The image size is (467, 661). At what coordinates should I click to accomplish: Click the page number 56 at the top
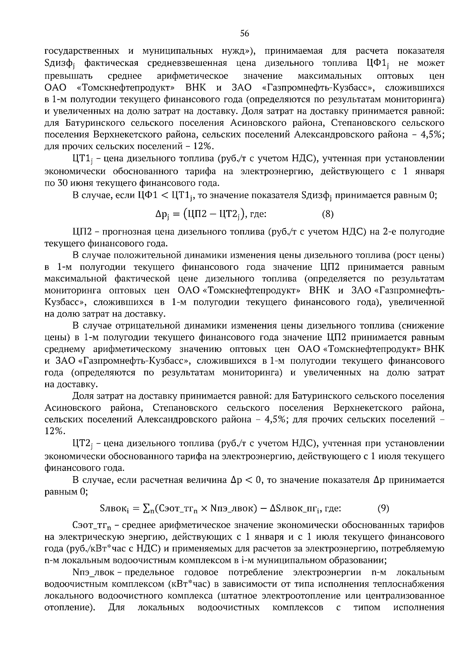tap(244, 33)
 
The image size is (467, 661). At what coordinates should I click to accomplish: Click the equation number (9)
tap(383, 508)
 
